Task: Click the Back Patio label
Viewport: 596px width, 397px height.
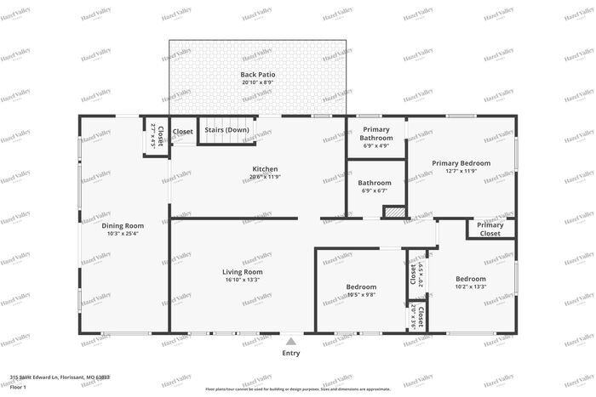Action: point(257,75)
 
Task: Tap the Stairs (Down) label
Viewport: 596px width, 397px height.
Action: point(226,131)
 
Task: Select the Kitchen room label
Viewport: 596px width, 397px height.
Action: point(265,169)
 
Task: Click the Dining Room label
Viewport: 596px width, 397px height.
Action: point(123,226)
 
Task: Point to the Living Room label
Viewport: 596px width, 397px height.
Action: point(243,272)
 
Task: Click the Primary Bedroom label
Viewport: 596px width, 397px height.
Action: point(461,163)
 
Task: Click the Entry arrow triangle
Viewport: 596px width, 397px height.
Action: point(290,340)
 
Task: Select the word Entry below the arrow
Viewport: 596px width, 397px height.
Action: point(290,353)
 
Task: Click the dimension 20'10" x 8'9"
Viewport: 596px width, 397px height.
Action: point(257,82)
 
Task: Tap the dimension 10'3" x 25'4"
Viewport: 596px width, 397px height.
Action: point(123,234)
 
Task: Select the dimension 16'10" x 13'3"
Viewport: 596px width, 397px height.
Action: point(243,280)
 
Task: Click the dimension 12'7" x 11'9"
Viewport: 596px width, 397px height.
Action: point(461,171)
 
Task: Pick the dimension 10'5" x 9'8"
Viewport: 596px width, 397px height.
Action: point(361,295)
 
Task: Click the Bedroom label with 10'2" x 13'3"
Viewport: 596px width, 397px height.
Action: point(470,279)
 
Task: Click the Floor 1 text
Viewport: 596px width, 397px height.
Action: point(19,387)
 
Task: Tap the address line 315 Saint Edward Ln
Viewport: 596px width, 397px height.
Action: point(60,377)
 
